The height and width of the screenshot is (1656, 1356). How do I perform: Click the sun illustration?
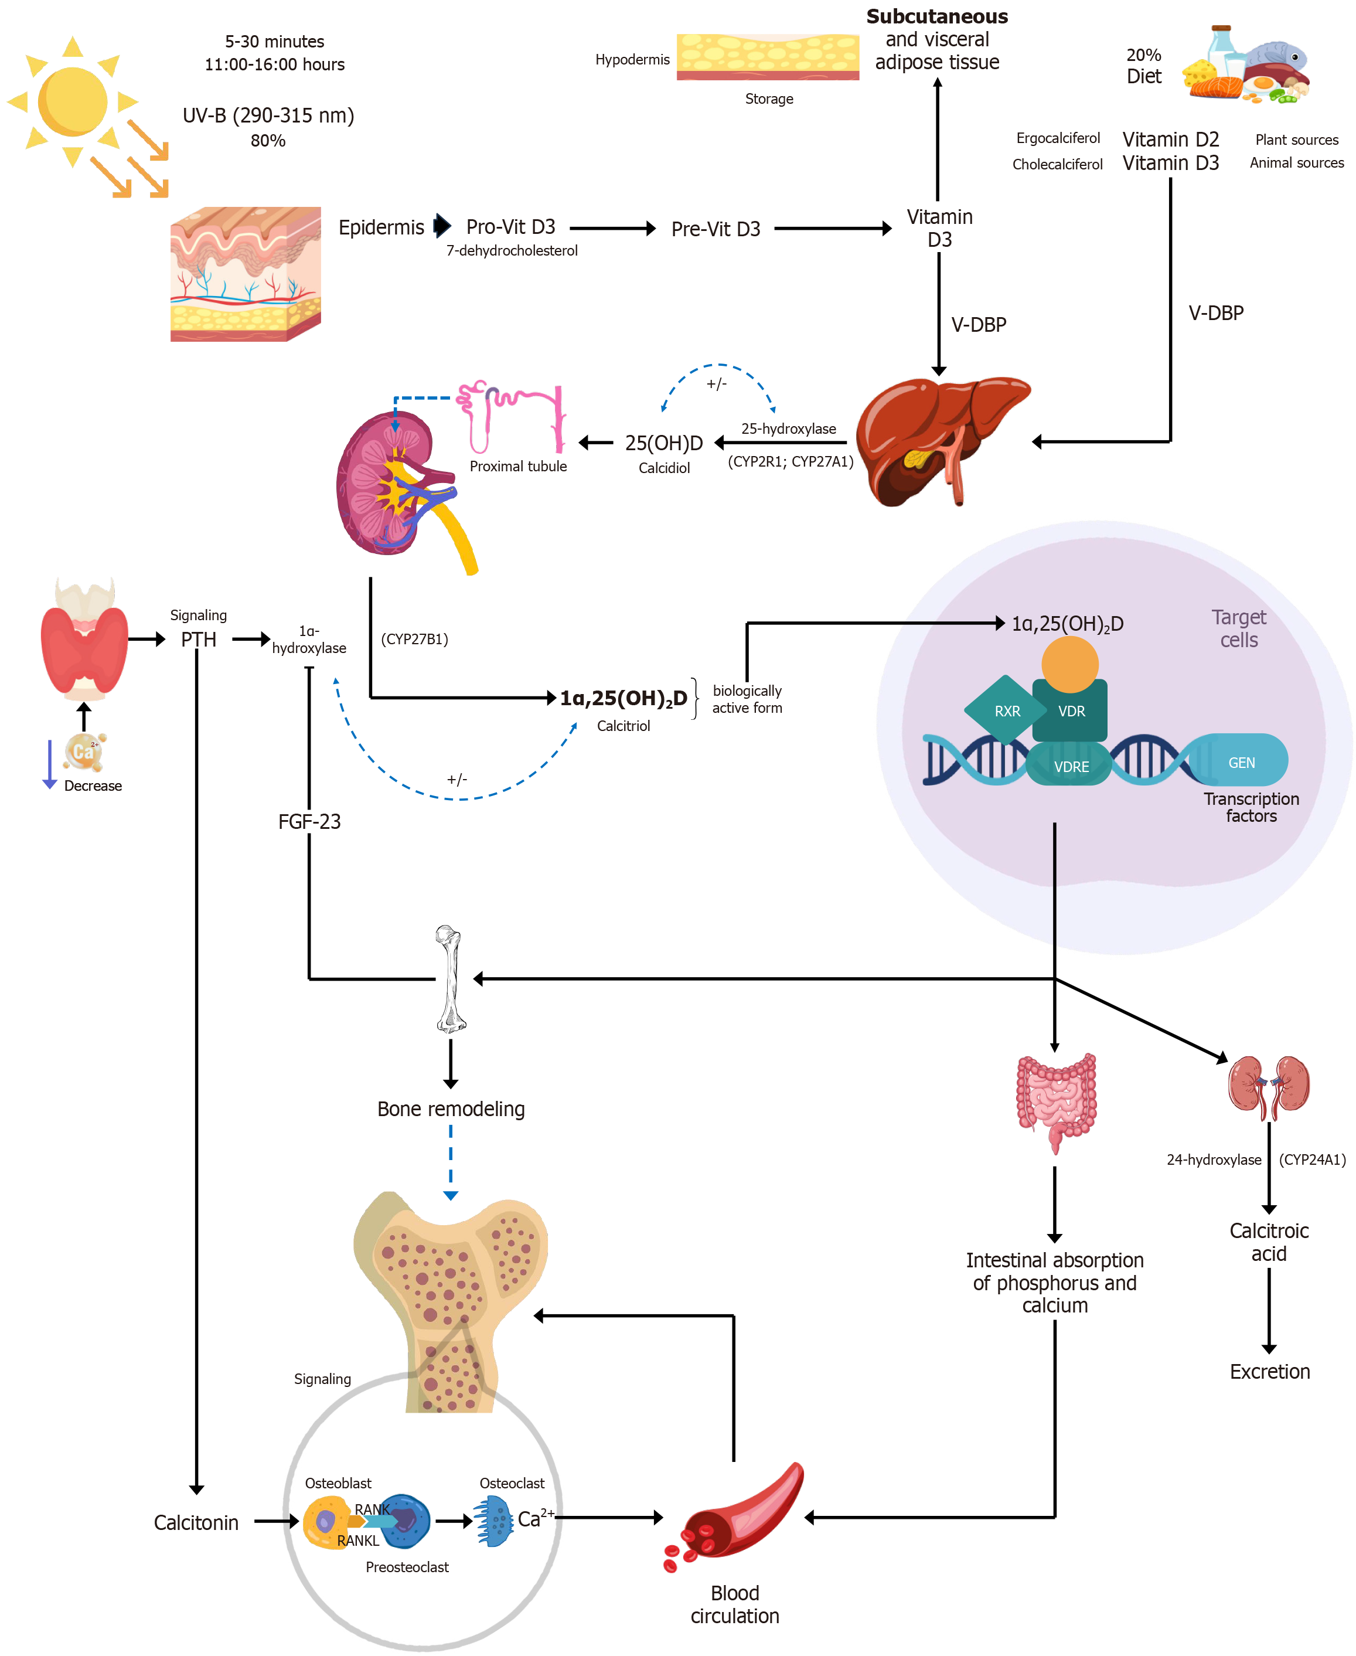pos(72,101)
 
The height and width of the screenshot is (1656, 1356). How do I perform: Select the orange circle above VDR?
pos(1069,664)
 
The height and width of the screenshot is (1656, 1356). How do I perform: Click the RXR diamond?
pos(1006,710)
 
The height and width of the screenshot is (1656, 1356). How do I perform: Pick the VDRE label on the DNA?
pos(1071,767)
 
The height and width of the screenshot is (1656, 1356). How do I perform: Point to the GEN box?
pos(1241,762)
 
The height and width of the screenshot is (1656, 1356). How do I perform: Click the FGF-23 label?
pos(309,821)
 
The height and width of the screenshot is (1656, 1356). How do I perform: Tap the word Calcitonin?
pos(196,1522)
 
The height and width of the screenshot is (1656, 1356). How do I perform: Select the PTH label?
pos(199,640)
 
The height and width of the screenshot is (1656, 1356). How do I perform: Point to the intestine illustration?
pos(1055,1098)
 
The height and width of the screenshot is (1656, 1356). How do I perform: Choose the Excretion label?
pos(1269,1372)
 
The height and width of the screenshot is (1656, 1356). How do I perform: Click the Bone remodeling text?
pos(451,1109)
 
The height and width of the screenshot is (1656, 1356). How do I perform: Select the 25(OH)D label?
pos(663,443)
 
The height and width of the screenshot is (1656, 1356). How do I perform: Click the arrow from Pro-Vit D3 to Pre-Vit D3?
pos(612,228)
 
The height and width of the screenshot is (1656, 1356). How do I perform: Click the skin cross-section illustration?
pos(246,274)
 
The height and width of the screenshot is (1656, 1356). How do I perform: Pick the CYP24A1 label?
pos(1312,1159)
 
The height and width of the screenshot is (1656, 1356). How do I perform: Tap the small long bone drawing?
pos(450,978)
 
